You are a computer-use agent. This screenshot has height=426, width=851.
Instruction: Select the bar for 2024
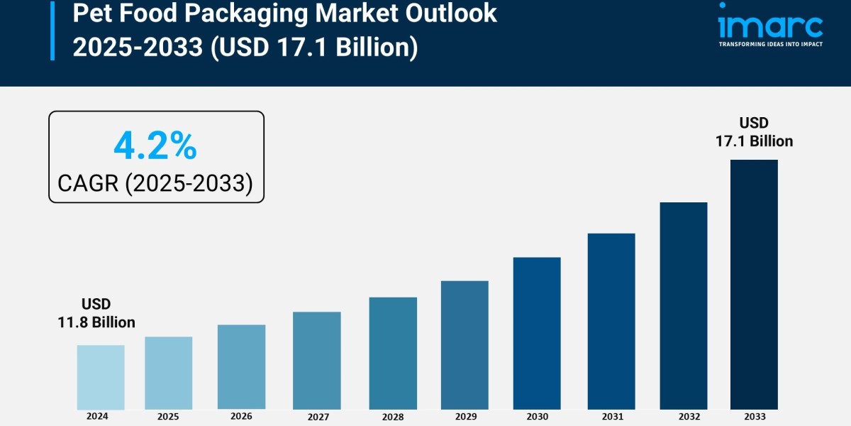pyautogui.click(x=101, y=377)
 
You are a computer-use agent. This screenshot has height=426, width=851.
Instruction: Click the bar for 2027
pyautogui.click(x=316, y=361)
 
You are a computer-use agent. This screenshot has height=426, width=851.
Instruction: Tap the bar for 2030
pyautogui.click(x=537, y=333)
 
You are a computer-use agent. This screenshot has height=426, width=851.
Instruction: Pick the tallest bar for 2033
pyautogui.click(x=754, y=284)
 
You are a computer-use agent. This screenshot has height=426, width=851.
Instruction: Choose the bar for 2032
pyautogui.click(x=684, y=305)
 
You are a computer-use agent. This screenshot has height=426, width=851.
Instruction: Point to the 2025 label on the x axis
pyautogui.click(x=168, y=417)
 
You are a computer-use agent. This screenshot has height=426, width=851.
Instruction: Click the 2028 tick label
pyautogui.click(x=393, y=417)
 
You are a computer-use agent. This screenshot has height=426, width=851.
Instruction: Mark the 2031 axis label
pyautogui.click(x=611, y=417)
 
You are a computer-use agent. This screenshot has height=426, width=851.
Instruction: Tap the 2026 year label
pyautogui.click(x=241, y=416)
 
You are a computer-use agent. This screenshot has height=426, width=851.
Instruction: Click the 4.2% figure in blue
pyautogui.click(x=155, y=146)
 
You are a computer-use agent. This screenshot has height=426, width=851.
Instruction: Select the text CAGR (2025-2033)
pyautogui.click(x=155, y=183)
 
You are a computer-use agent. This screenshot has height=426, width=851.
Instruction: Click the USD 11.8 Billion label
pyautogui.click(x=96, y=313)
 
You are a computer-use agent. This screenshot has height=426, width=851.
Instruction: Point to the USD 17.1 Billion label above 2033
pyautogui.click(x=754, y=132)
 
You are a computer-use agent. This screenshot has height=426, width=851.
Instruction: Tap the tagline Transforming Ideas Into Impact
pyautogui.click(x=770, y=44)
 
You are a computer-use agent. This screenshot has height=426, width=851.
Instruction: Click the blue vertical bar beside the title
pyautogui.click(x=52, y=30)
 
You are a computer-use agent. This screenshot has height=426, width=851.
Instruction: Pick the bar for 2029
pyautogui.click(x=465, y=345)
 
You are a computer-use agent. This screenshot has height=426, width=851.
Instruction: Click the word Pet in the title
pyautogui.click(x=92, y=13)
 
